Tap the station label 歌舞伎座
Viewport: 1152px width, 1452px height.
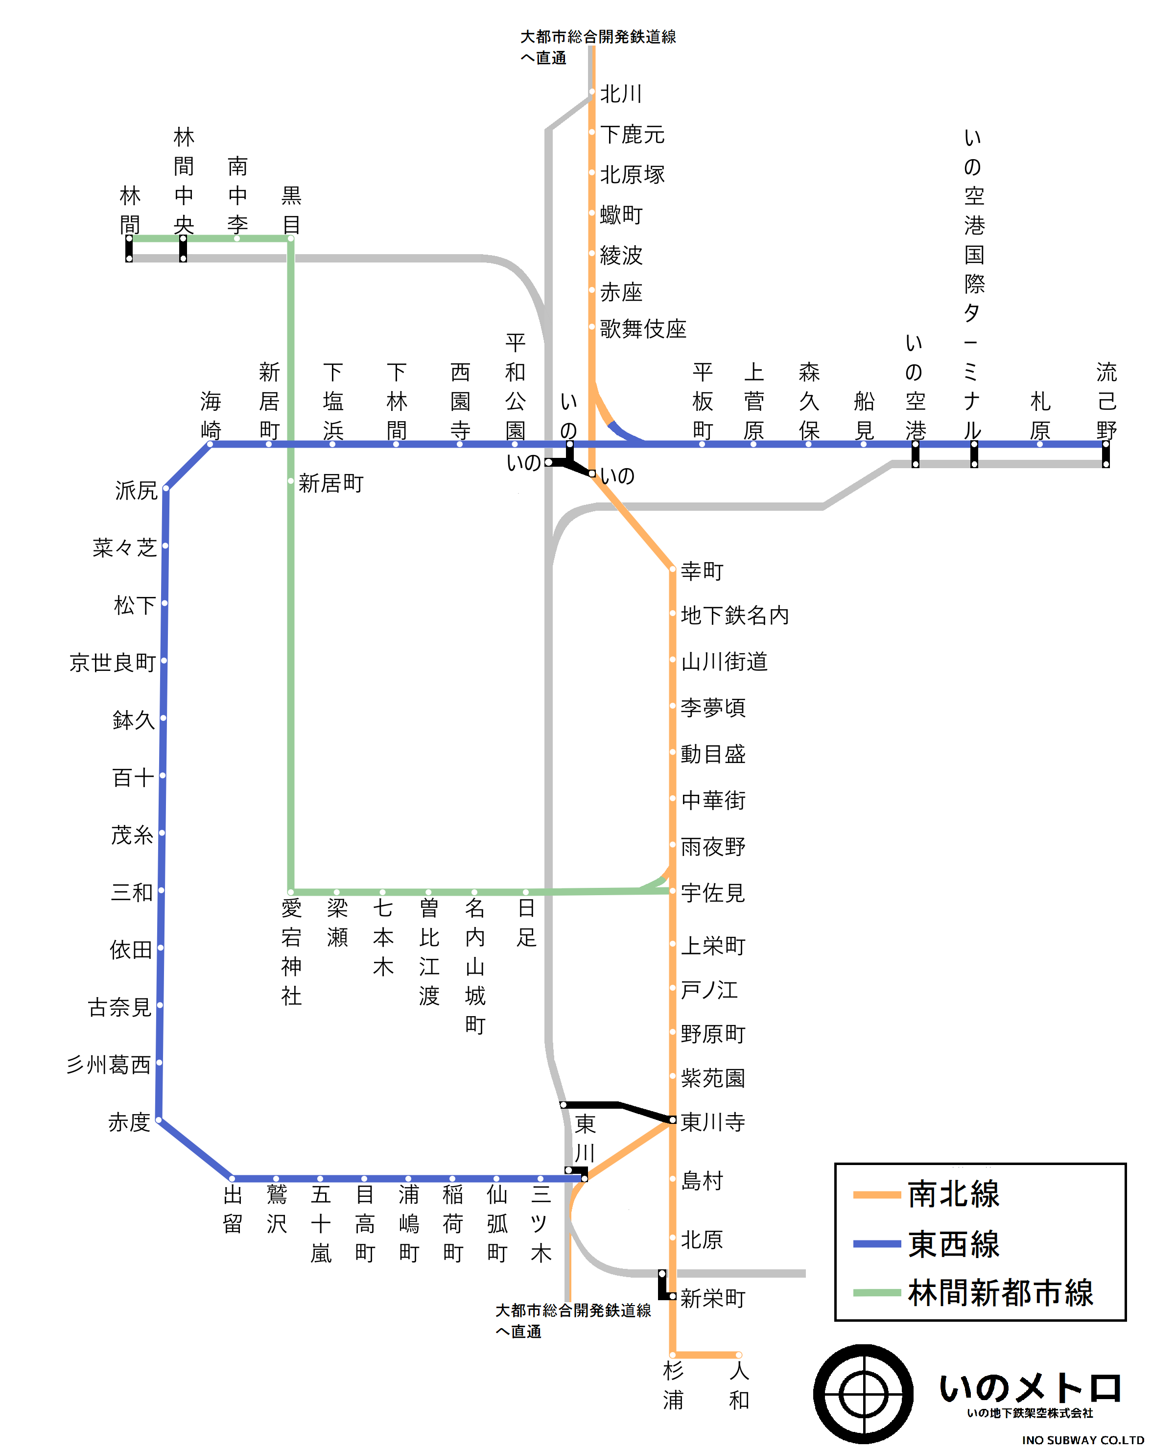642,329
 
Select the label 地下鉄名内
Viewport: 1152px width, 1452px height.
734,615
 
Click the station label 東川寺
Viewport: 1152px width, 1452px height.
712,1122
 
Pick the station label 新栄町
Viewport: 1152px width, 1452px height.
712,1298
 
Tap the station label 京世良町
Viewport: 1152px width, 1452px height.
113,663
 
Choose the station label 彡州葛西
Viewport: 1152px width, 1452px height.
108,1065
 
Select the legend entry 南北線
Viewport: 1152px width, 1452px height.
953,1194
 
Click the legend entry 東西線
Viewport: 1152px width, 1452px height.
953,1243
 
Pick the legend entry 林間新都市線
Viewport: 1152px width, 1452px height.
1000,1292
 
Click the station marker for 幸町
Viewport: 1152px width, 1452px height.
672,570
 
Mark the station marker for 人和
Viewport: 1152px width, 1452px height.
739,1355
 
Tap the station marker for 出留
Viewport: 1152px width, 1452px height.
232,1179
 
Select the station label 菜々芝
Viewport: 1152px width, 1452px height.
124,547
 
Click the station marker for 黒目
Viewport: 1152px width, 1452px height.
291,238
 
